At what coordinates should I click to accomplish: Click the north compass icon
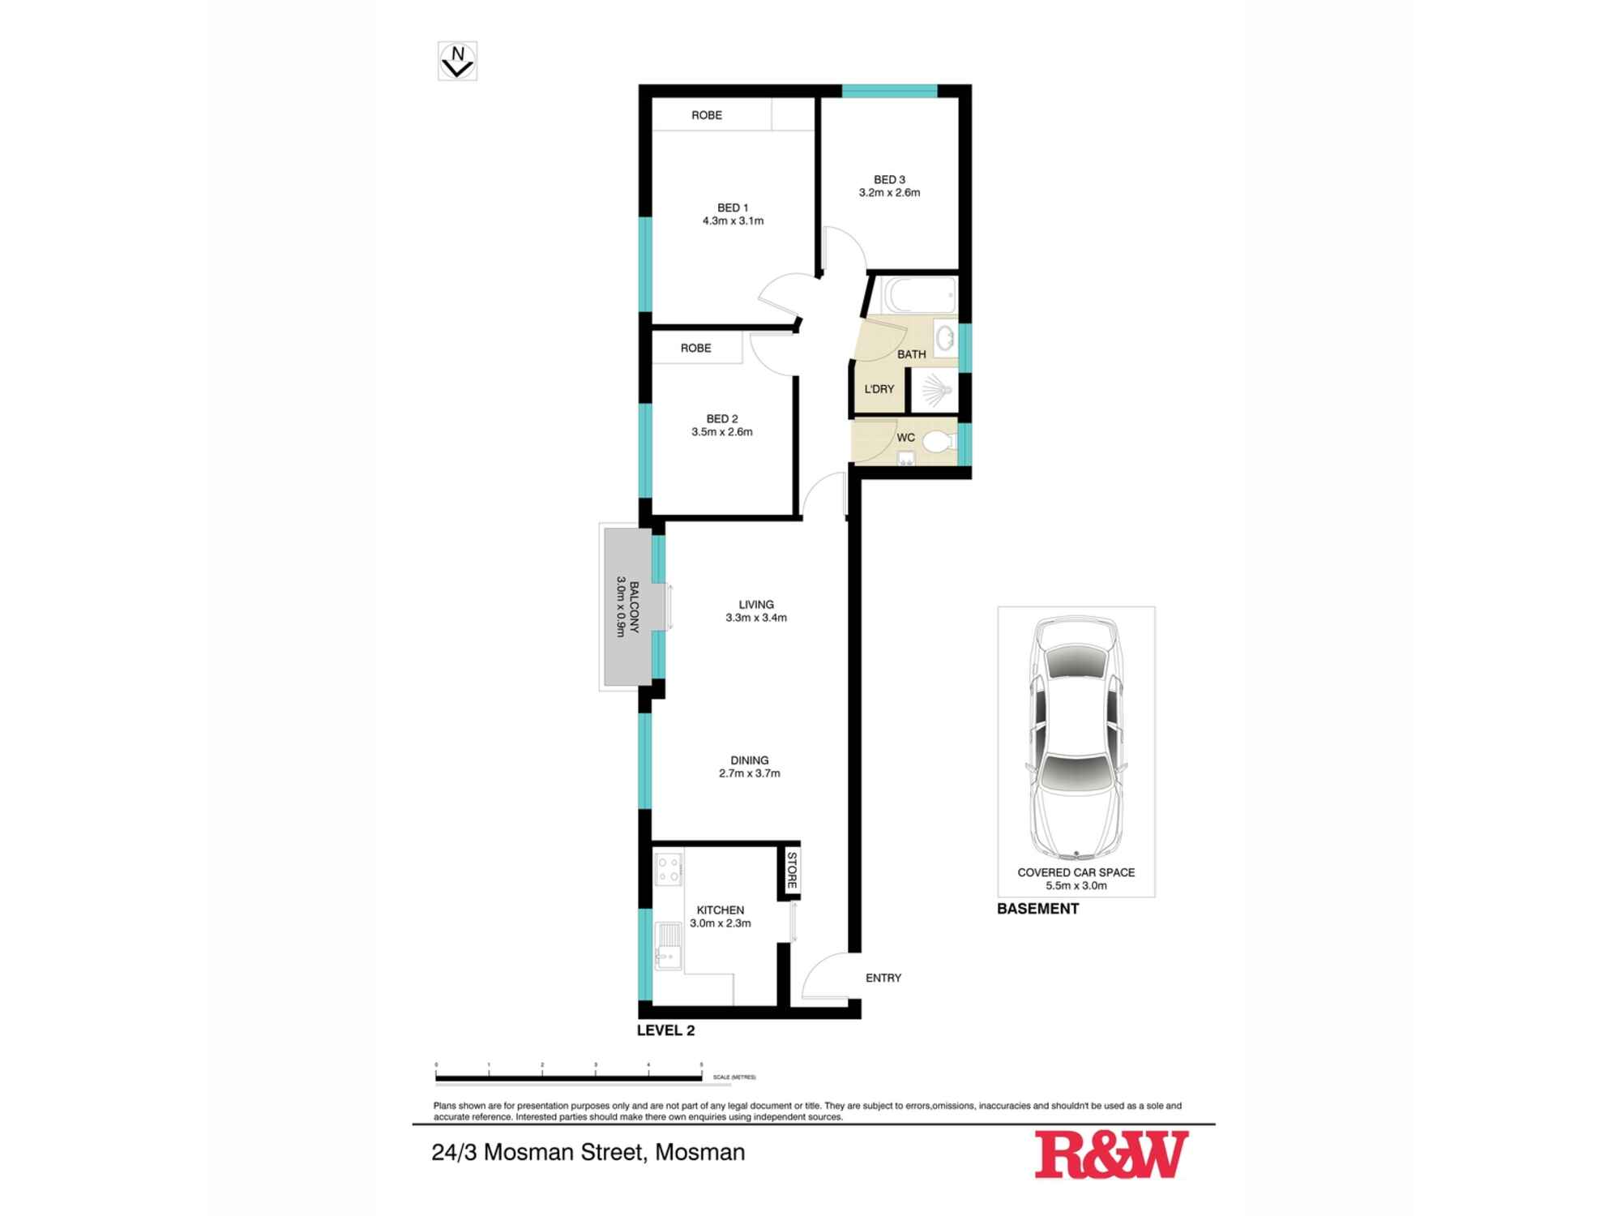(x=457, y=61)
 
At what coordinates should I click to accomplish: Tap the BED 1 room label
(x=733, y=208)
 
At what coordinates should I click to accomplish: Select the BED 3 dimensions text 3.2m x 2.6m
(x=889, y=193)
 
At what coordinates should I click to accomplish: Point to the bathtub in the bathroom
(x=920, y=295)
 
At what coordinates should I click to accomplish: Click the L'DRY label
(x=879, y=389)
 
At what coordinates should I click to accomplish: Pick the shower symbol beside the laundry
(x=935, y=390)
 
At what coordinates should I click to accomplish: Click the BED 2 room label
(x=721, y=419)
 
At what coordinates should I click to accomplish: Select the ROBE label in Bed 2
(x=695, y=348)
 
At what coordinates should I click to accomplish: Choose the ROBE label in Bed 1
(x=706, y=115)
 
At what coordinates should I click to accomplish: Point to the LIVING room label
(x=755, y=605)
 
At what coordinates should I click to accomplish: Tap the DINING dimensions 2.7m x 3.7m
(x=749, y=773)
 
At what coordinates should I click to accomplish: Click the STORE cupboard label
(x=792, y=870)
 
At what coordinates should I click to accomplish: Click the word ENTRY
(x=883, y=978)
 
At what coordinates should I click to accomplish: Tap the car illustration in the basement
(x=1076, y=738)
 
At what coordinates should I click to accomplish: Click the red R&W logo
(x=1111, y=1154)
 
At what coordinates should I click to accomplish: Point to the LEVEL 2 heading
(x=665, y=1031)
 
